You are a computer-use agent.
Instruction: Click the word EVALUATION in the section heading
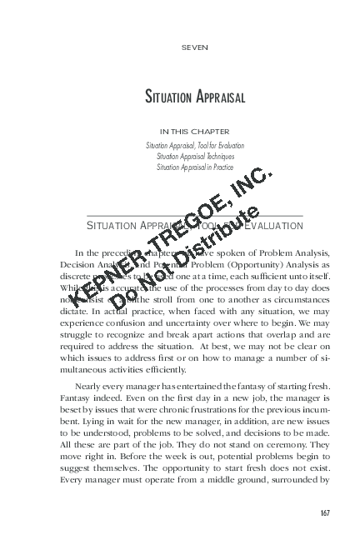point(272,227)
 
